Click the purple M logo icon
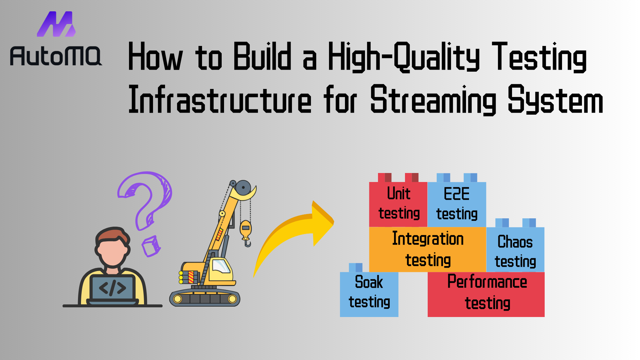(x=56, y=24)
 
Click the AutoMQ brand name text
(x=56, y=56)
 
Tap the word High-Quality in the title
(x=404, y=57)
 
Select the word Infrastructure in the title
(x=220, y=99)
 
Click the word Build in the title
(x=262, y=56)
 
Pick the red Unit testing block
(x=398, y=200)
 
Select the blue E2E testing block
(x=457, y=200)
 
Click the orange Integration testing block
(x=428, y=249)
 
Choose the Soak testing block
(x=369, y=290)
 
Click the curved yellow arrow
(x=293, y=233)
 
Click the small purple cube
(x=151, y=246)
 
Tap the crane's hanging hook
(x=246, y=233)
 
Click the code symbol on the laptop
(x=113, y=288)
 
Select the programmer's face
(x=112, y=251)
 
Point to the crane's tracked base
(x=205, y=298)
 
